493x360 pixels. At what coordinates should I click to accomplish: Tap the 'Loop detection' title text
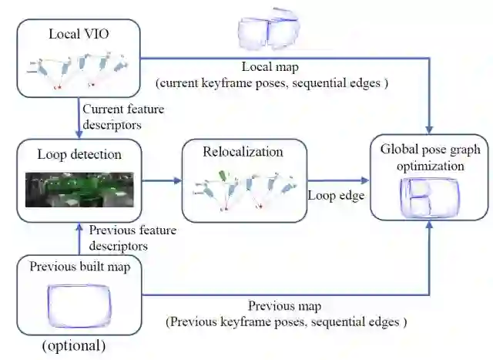(79, 154)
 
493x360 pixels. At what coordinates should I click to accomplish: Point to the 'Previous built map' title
(79, 267)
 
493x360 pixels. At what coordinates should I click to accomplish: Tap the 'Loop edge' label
(336, 196)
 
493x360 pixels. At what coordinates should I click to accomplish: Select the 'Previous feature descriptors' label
(132, 237)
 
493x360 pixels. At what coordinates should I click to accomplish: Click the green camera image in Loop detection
(79, 189)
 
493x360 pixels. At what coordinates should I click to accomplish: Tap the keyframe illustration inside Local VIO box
(79, 71)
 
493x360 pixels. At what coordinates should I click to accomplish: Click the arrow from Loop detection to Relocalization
(163, 182)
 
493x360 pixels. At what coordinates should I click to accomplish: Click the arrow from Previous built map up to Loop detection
(79, 238)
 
